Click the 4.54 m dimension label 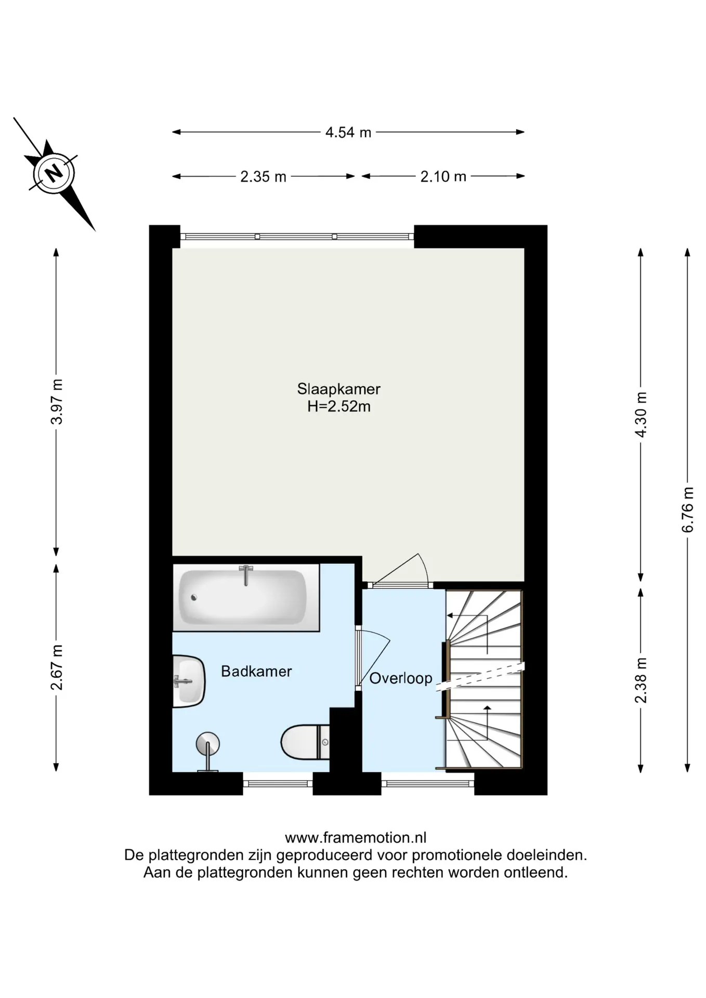(348, 133)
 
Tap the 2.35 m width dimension (263, 177)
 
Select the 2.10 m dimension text (443, 177)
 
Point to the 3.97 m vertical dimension (57, 402)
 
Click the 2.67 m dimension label (57, 667)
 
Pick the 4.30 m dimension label (641, 415)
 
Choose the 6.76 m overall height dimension (688, 509)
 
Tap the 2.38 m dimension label (641, 680)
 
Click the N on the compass (53, 173)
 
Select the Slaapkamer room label (339, 389)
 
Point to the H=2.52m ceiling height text (339, 406)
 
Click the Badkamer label (256, 671)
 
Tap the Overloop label (401, 678)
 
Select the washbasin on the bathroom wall (189, 681)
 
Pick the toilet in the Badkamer (305, 743)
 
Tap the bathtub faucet (246, 575)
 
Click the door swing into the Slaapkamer (401, 571)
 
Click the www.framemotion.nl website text (356, 837)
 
